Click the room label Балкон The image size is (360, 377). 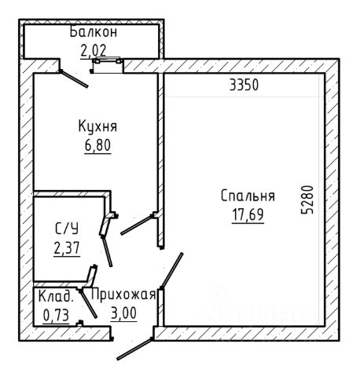click(x=94, y=32)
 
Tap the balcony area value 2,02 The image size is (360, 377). click(x=94, y=51)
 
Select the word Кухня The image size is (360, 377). click(x=97, y=126)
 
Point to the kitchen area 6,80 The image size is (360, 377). click(x=97, y=145)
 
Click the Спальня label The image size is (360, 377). click(x=248, y=196)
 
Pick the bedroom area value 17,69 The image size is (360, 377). click(x=248, y=215)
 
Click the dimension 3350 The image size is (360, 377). click(x=244, y=85)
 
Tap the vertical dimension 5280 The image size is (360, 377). click(x=307, y=199)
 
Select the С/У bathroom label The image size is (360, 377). click(x=67, y=229)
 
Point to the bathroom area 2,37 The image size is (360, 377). click(x=67, y=247)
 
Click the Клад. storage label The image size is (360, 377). click(x=56, y=296)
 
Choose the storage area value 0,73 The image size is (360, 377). click(x=56, y=315)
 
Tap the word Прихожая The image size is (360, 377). click(x=123, y=295)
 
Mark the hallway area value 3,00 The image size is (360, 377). click(x=123, y=313)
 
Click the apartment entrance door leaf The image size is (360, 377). click(x=134, y=349)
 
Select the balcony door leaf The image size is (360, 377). click(x=74, y=79)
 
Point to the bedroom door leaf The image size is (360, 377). click(x=172, y=270)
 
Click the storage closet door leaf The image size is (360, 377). click(x=88, y=304)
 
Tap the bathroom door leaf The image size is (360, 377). click(x=107, y=251)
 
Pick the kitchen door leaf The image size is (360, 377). click(x=137, y=225)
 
